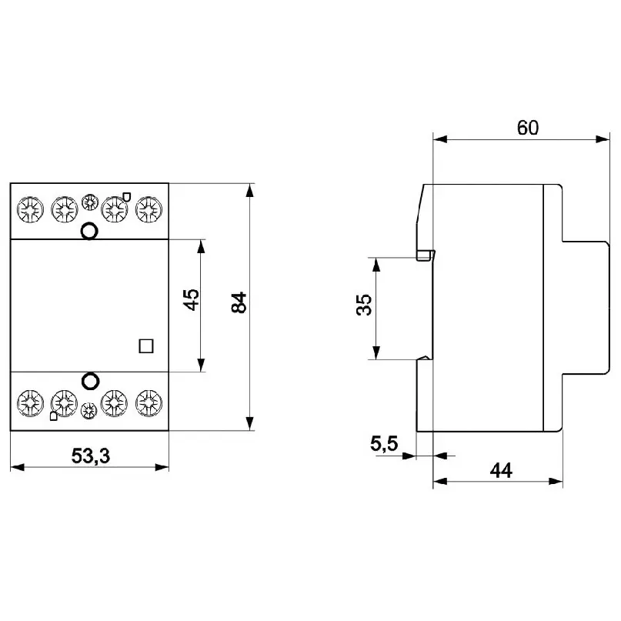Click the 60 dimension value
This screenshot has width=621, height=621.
[x=527, y=127]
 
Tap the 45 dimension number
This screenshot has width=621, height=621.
[x=192, y=299]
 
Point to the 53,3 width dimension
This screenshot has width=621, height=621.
[x=91, y=456]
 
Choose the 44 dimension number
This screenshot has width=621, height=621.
[x=500, y=470]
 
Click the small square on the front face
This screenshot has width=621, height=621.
[x=145, y=346]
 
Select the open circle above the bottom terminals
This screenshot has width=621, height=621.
[x=89, y=380]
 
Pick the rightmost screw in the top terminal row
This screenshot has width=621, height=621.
[x=148, y=208]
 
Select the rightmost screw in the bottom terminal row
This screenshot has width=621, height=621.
[x=148, y=402]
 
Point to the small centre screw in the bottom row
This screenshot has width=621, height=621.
[x=89, y=410]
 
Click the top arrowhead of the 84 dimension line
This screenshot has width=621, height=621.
[x=249, y=189]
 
